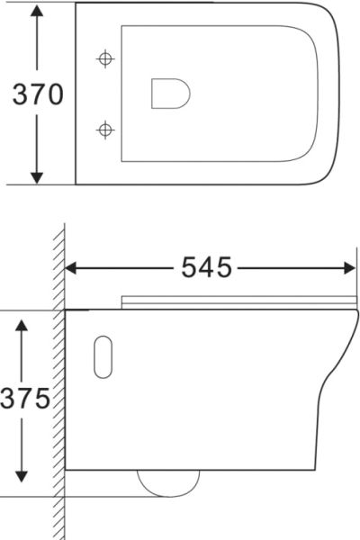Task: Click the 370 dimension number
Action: [37, 94]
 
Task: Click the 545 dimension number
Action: [207, 267]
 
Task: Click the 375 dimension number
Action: [24, 399]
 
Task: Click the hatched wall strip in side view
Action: [58, 387]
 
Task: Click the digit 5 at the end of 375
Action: [40, 399]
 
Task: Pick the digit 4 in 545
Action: [207, 267]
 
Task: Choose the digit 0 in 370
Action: [54, 94]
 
